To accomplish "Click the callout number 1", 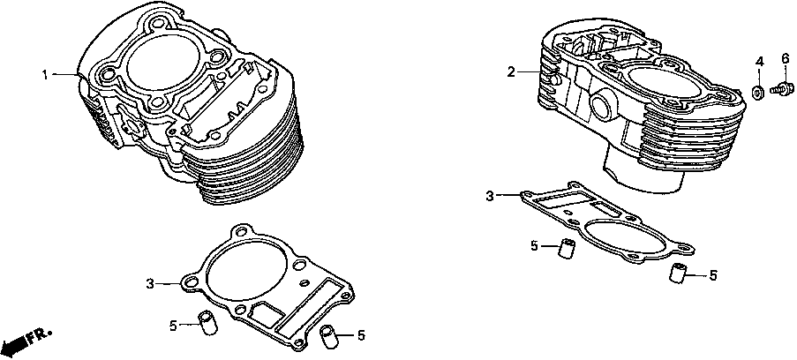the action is (x=45, y=74).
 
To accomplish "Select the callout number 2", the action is (x=509, y=71).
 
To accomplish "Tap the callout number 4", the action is (x=758, y=60).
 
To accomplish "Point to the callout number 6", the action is (x=784, y=59).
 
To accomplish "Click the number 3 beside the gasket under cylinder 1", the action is (x=150, y=283).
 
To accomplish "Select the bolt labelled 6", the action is (x=779, y=88).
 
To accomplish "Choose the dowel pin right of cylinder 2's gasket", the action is (x=677, y=272).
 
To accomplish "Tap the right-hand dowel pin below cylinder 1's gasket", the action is (x=327, y=335).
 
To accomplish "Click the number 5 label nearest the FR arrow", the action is (x=173, y=326).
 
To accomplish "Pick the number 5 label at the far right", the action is (x=713, y=275).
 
